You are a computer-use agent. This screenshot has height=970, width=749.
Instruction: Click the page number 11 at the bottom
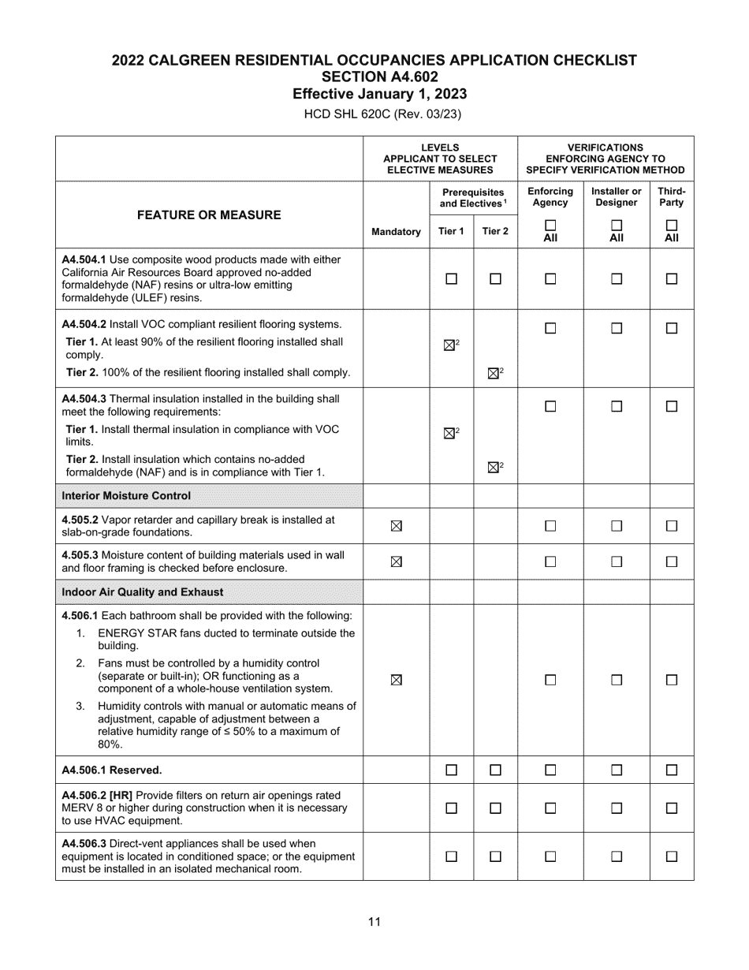tap(374, 921)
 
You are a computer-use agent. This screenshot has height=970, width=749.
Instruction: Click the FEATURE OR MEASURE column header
tap(209, 215)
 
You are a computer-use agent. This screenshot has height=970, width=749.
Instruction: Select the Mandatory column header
tap(396, 232)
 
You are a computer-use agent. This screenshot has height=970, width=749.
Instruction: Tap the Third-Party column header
tap(671, 196)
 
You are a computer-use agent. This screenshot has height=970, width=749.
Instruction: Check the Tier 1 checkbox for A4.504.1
tap(451, 278)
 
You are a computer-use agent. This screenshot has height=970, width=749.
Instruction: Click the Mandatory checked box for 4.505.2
tap(396, 526)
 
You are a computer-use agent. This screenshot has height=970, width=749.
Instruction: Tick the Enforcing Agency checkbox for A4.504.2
tap(550, 329)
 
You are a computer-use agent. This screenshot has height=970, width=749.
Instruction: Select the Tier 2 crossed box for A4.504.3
tap(494, 467)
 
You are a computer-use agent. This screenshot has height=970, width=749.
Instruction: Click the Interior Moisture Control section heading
tap(126, 496)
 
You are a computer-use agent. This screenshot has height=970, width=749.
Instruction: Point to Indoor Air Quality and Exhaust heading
tap(142, 592)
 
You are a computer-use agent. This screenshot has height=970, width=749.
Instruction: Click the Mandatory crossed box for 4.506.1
tap(396, 680)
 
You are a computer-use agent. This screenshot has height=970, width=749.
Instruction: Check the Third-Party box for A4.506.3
tap(671, 856)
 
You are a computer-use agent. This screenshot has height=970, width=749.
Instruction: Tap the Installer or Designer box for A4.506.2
tap(617, 808)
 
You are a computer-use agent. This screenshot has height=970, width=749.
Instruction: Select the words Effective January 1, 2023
tap(379, 95)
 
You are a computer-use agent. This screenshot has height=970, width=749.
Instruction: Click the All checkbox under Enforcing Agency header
tap(550, 225)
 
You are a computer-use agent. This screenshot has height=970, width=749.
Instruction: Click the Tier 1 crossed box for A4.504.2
tap(450, 345)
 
